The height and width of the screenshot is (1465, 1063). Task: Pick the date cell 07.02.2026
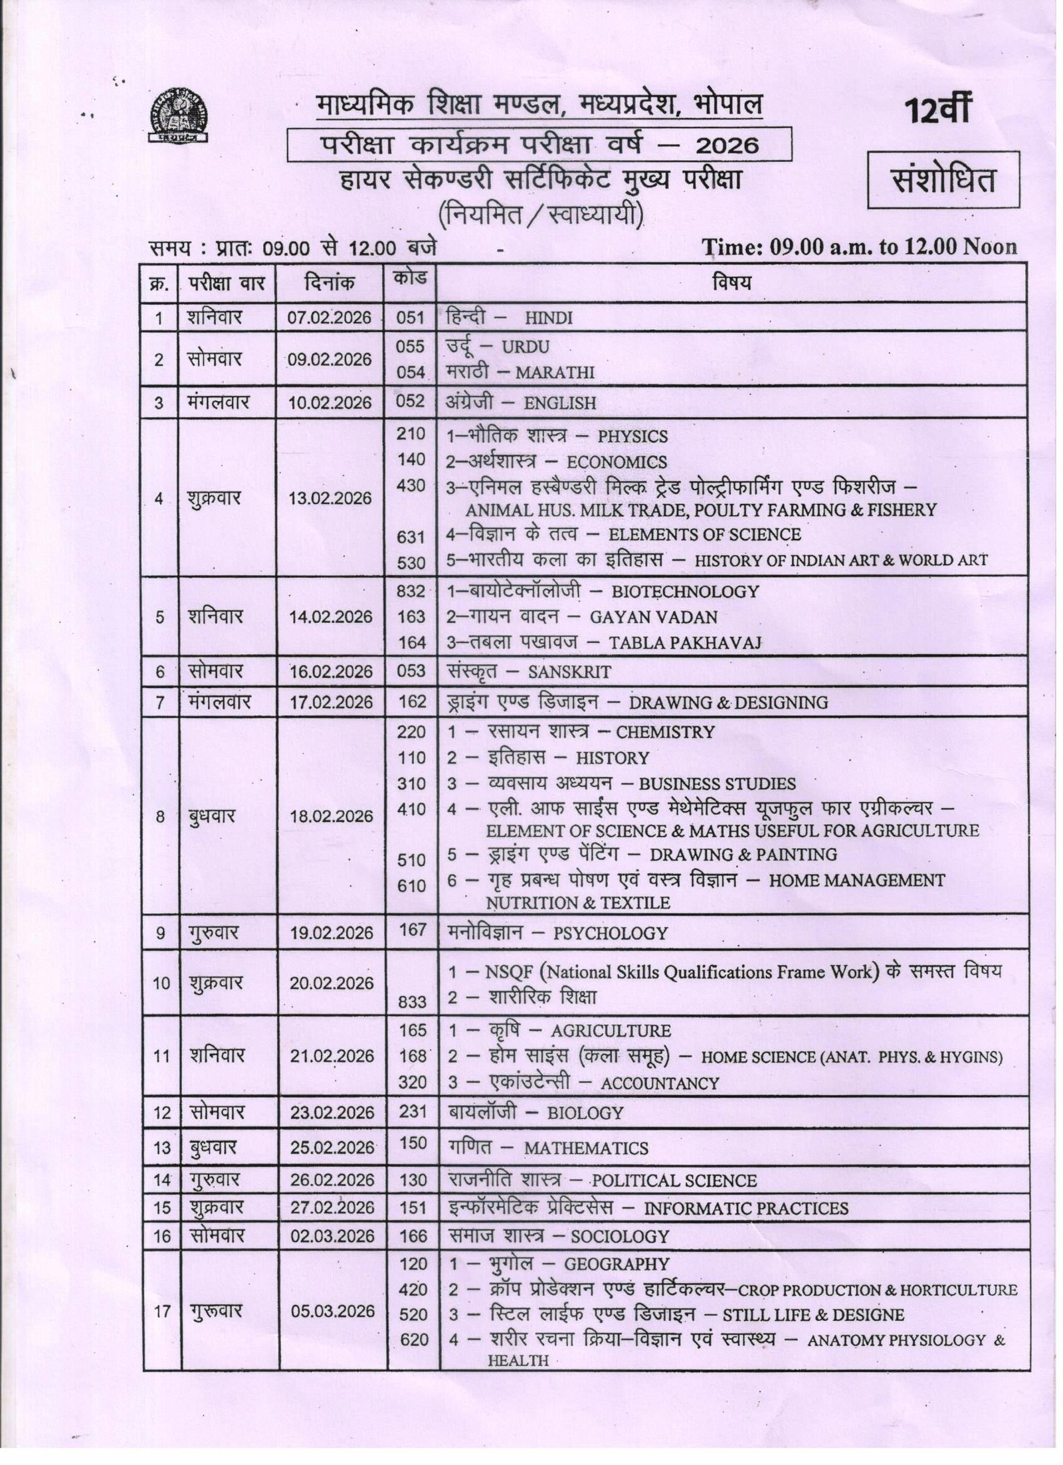[x=330, y=317]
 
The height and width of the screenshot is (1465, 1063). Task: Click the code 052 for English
[x=410, y=402]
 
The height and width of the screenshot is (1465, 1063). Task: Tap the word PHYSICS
[x=632, y=437]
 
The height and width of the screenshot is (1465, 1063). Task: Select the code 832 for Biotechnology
[x=411, y=591]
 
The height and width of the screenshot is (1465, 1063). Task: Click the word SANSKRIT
[x=569, y=672]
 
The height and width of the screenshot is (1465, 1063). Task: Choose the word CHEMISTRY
[x=665, y=732]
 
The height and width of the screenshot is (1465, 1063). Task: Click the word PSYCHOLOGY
[x=610, y=933]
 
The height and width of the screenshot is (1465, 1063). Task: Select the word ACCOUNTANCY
[x=660, y=1083]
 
